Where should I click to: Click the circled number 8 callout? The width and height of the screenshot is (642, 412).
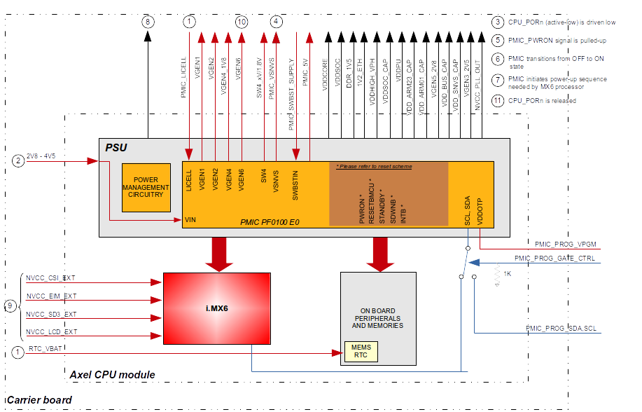148,22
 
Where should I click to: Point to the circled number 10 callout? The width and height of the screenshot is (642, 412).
242,22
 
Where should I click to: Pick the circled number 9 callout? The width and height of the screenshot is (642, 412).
10,305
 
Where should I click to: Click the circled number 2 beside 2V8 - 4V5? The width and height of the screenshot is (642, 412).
18,161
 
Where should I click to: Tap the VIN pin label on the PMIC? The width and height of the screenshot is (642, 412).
190,220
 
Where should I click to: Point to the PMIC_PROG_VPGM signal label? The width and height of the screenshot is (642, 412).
565,245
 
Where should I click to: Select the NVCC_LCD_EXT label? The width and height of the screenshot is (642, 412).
52,331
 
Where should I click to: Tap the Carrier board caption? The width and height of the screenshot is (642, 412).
39,401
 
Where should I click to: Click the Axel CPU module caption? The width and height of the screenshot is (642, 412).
112,375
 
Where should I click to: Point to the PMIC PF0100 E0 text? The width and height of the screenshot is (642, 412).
270,221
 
